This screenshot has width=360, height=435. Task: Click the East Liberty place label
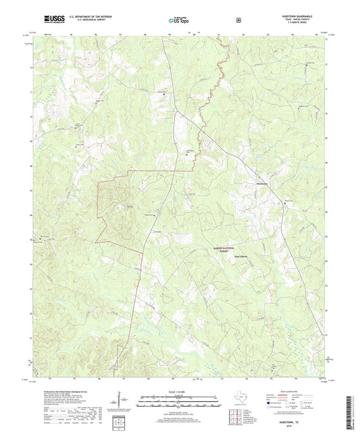click(x=242, y=256)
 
